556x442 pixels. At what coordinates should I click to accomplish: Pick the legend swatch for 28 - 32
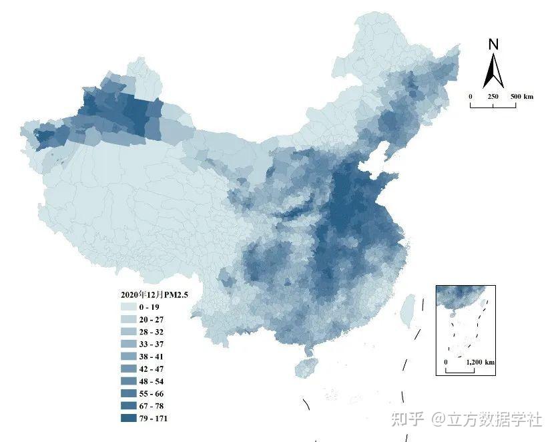click(128, 331)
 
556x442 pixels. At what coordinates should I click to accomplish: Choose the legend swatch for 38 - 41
click(128, 357)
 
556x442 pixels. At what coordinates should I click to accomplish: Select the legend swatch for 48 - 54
click(128, 381)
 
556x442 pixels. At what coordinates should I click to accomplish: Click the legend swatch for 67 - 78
click(128, 406)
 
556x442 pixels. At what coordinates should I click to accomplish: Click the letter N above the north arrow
click(493, 45)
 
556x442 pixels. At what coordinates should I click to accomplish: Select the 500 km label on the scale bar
click(522, 97)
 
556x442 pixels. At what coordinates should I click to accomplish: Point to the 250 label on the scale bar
click(493, 97)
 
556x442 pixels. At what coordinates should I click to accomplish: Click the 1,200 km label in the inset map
click(480, 362)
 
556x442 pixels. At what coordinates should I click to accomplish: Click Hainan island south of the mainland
click(306, 367)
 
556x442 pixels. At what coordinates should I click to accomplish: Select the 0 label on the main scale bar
click(471, 97)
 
